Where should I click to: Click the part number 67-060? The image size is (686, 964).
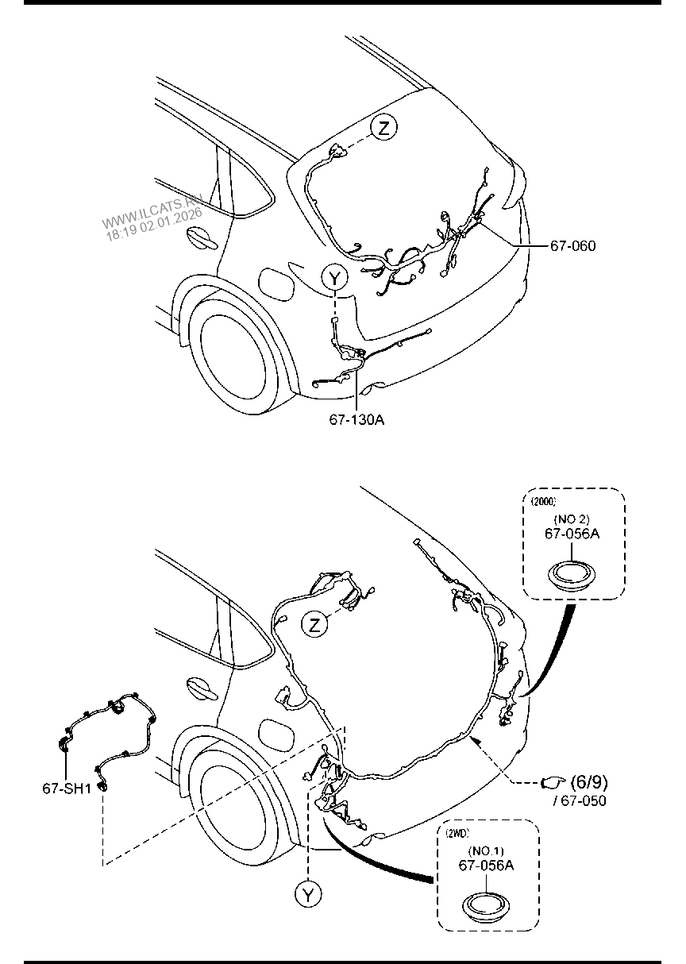tap(572, 245)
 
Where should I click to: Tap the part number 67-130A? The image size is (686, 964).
tap(356, 419)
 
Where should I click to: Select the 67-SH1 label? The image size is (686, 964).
tap(67, 789)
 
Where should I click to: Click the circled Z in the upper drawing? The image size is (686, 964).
tap(383, 127)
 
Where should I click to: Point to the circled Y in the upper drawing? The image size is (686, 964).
tap(334, 279)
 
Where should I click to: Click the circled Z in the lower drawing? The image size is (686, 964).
tap(314, 625)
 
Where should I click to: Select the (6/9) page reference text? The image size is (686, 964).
tap(589, 781)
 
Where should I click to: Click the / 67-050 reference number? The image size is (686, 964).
tap(580, 800)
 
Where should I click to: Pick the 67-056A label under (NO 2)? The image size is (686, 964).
tap(572, 534)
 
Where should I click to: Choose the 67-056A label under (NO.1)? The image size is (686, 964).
tap(486, 865)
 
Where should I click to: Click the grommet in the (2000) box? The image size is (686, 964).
tap(572, 576)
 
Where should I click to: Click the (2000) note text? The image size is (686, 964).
tap(543, 501)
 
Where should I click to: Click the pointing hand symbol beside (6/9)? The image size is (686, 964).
tap(553, 782)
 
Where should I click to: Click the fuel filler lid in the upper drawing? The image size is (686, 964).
tap(276, 283)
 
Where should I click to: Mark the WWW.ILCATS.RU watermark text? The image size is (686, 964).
tap(152, 210)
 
